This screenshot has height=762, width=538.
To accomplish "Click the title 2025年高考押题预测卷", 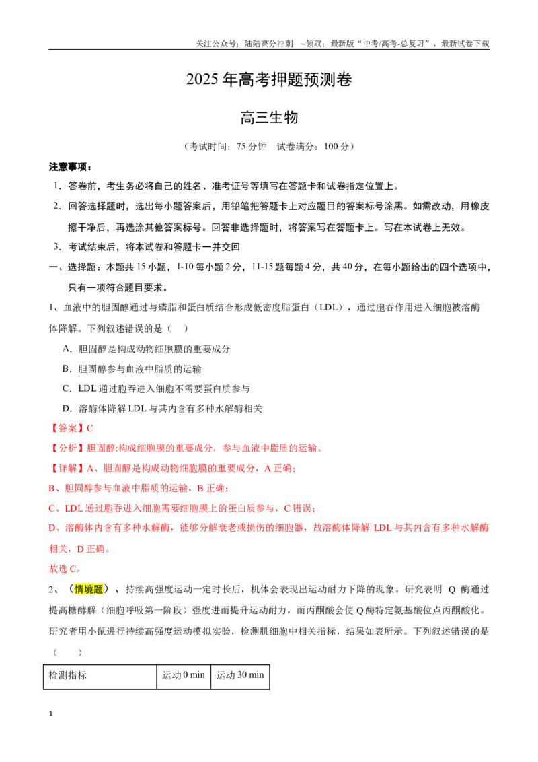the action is click(269, 79).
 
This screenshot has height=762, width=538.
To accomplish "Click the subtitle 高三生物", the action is click(269, 118).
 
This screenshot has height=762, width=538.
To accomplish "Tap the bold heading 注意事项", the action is click(71, 167).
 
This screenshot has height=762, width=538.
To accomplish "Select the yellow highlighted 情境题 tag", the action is click(88, 590).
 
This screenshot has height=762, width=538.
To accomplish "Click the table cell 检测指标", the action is click(68, 675).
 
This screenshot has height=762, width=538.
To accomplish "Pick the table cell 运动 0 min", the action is click(184, 675).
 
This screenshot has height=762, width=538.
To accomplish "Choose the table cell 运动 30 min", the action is click(240, 675).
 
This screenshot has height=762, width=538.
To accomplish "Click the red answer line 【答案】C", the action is click(71, 428).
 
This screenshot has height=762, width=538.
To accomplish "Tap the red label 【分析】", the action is click(67, 448).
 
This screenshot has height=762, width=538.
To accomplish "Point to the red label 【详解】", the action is click(67, 468).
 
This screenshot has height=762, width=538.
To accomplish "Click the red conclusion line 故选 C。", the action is click(65, 569).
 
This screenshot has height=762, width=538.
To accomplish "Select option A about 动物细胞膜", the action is click(146, 349).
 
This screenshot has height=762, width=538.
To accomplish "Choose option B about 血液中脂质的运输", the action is click(132, 369).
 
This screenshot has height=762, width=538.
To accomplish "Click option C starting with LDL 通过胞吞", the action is click(156, 389).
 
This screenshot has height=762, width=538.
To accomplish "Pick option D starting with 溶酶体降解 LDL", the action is click(162, 409).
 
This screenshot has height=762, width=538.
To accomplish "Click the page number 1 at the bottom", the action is click(50, 714).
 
